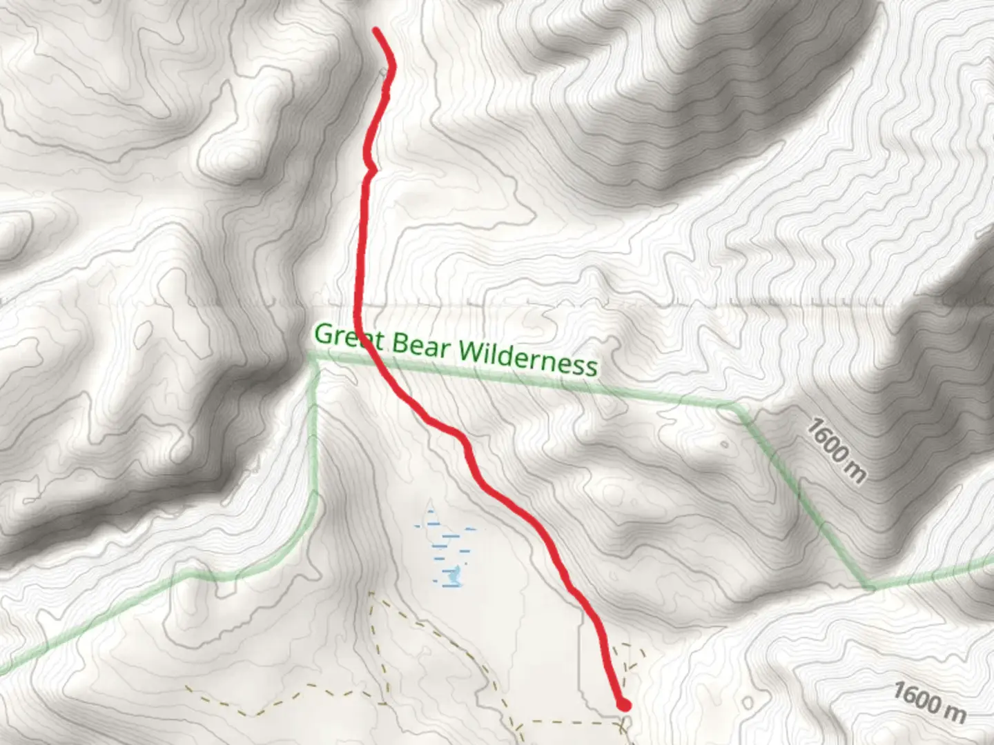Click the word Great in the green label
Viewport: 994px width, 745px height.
[x=349, y=338]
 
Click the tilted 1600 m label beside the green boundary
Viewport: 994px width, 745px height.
[x=835, y=451]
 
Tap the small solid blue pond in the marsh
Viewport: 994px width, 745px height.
[x=454, y=573]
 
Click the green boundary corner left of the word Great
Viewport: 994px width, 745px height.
[x=313, y=358]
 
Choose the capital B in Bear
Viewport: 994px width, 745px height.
[x=401, y=343]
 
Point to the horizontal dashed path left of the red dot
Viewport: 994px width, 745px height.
[x=566, y=722]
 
